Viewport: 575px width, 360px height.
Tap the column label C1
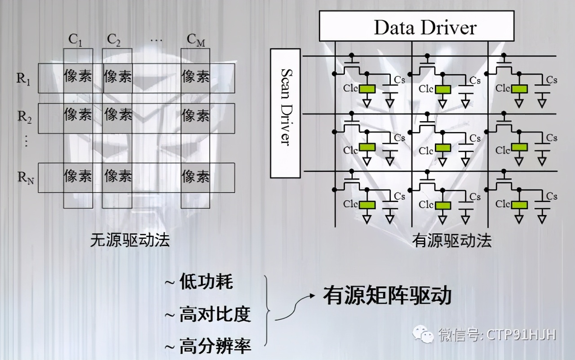[x=75, y=40]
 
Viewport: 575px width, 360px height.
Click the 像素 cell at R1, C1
[x=78, y=76]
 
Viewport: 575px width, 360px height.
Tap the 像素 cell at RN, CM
[x=195, y=176]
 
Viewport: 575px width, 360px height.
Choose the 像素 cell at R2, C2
[x=118, y=115]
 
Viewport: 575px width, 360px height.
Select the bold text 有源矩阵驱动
[x=387, y=296]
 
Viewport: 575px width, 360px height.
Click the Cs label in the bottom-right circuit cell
[x=552, y=196]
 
